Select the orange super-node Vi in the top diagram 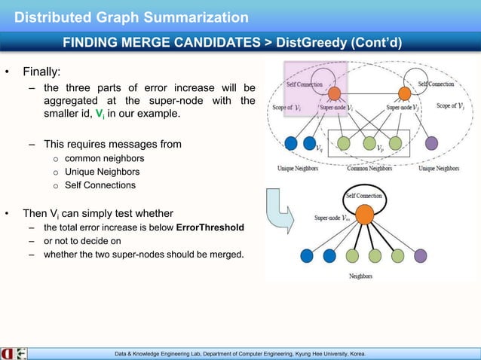333,94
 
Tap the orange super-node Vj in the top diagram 404,93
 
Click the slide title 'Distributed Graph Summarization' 132,17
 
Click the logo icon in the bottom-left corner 14,352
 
